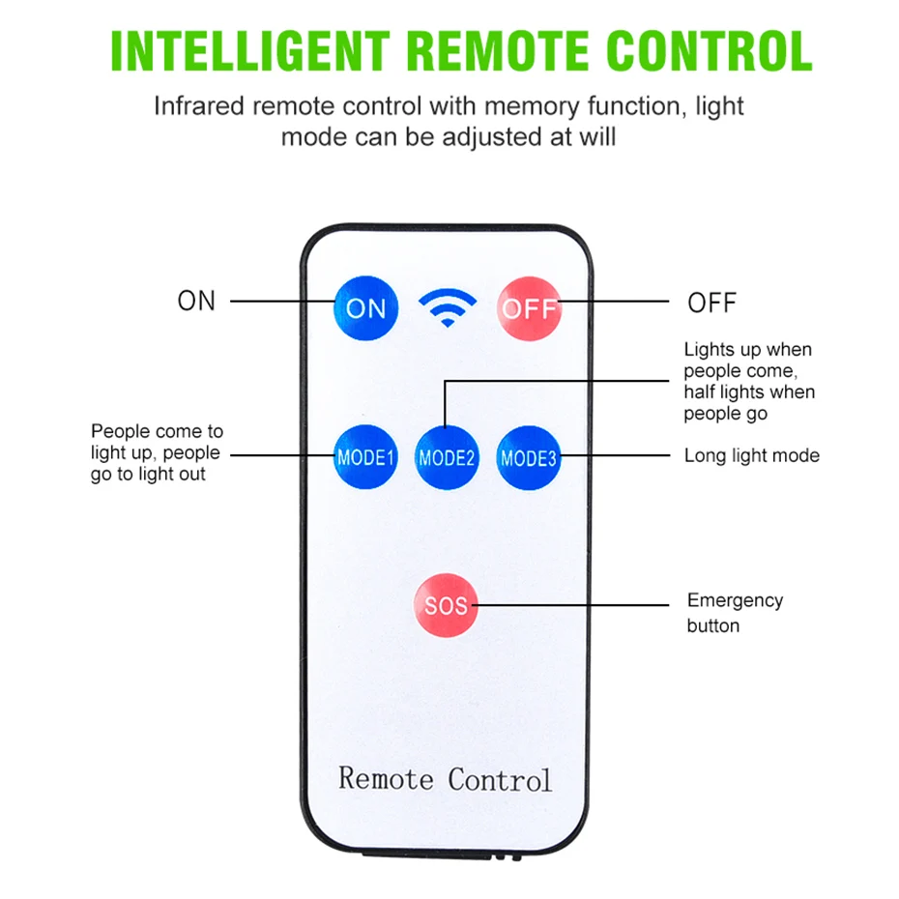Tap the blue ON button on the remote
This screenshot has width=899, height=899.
365,308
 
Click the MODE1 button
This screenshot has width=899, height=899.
365,456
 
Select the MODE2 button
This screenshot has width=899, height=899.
447,456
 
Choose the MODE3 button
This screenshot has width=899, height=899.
529,456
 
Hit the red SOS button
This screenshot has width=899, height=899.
446,606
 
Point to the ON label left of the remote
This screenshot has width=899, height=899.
196,301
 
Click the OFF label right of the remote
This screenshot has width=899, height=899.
711,303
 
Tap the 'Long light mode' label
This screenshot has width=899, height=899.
751,455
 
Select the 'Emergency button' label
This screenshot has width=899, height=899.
735,613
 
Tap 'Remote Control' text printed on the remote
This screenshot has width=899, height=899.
445,778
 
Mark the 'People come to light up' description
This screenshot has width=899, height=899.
157,452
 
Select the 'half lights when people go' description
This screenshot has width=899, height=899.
749,402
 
